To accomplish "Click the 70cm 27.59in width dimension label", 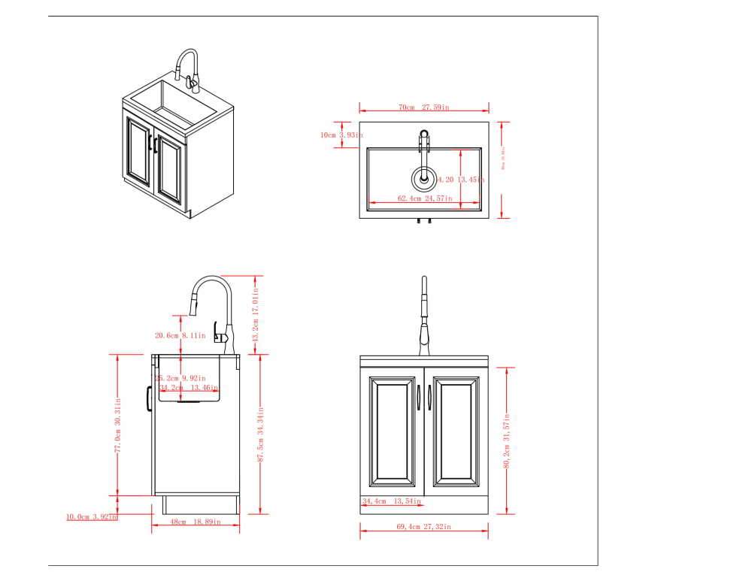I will [423, 107].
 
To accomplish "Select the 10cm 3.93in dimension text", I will [341, 135].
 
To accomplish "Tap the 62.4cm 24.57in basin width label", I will [424, 198].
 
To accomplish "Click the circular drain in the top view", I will [423, 178].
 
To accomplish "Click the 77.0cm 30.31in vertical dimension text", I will [118, 425].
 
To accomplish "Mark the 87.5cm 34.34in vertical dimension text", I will [260, 435].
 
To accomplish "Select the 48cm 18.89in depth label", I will [196, 521].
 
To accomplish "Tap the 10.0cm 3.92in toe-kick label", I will [92, 516].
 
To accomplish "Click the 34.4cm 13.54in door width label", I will [391, 501].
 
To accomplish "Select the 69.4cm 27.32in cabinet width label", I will [423, 527].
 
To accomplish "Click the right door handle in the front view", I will [429, 397].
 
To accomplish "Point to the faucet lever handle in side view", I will [219, 331].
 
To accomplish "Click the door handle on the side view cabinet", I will [149, 395].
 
